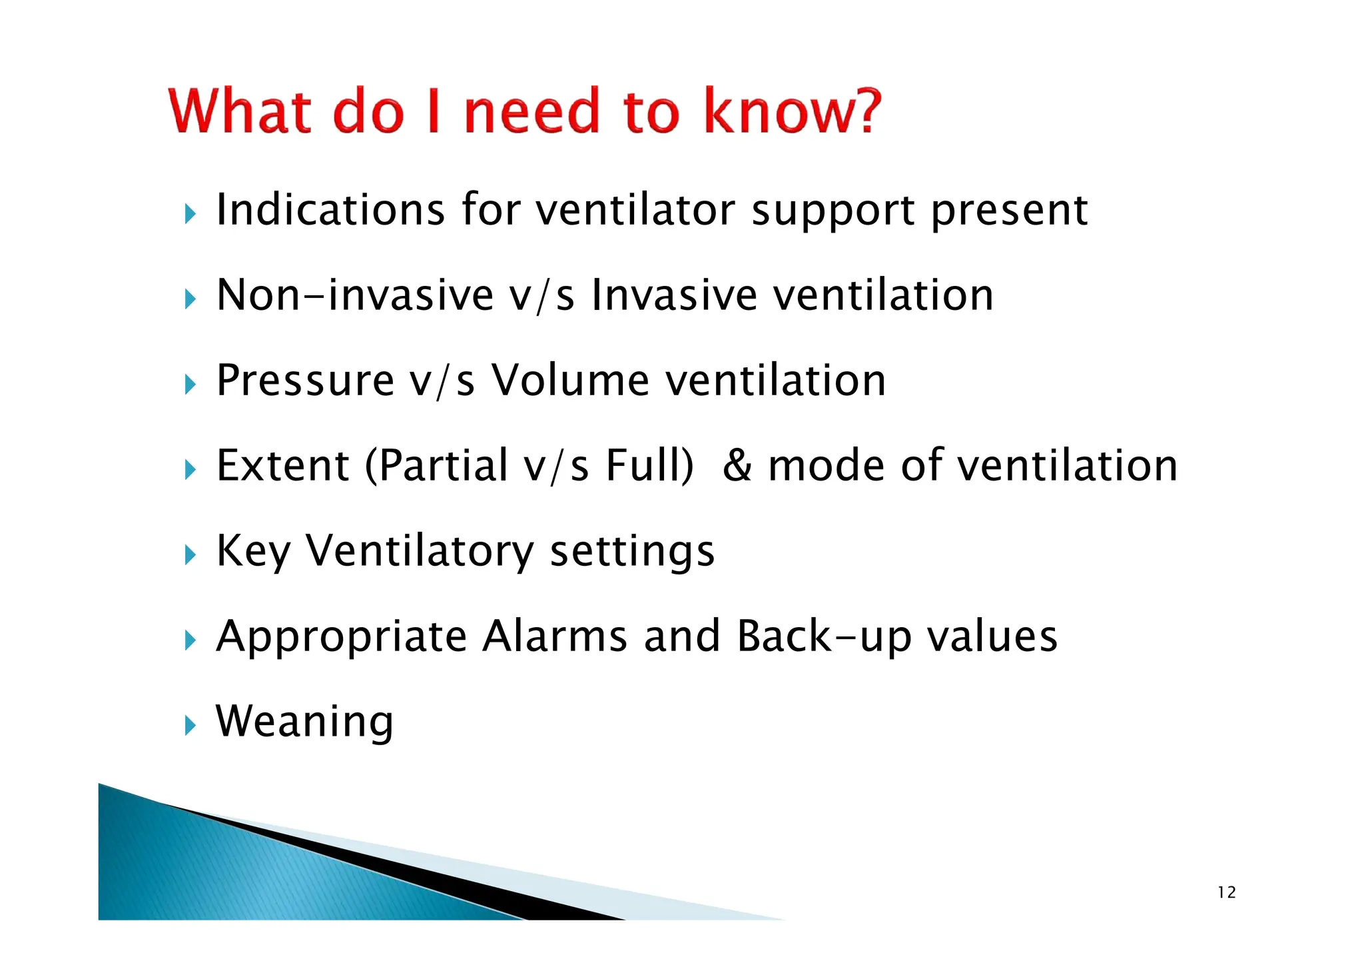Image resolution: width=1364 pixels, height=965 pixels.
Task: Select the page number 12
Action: [1226, 892]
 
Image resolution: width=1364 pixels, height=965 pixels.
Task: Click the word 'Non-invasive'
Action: [354, 295]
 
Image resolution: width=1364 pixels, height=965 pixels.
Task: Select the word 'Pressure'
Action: [306, 381]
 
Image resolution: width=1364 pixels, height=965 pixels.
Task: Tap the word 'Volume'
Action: [570, 381]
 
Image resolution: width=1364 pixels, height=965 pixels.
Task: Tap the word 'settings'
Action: [632, 552]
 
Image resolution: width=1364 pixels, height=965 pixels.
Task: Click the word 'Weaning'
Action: [304, 722]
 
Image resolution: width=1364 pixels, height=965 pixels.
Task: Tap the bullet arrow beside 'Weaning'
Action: [190, 725]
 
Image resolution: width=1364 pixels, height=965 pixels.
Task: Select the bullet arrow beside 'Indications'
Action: [190, 214]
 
